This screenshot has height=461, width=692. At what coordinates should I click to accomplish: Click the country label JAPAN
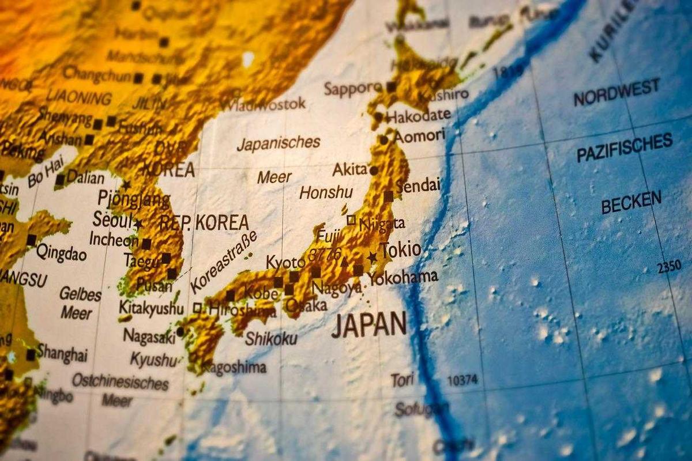(x=369, y=324)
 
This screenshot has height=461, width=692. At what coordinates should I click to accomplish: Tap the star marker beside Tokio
(x=373, y=257)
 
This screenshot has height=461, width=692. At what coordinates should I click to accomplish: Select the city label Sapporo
(x=352, y=89)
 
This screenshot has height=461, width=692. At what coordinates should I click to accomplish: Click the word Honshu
(x=325, y=192)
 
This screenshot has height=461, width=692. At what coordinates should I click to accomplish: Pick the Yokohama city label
(x=403, y=277)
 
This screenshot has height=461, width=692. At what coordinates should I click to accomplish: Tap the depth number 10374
(x=462, y=380)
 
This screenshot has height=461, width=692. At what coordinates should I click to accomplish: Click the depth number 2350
(x=668, y=267)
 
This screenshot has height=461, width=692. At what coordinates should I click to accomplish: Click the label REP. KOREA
(x=204, y=222)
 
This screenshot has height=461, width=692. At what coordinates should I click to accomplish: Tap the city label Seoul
(x=112, y=220)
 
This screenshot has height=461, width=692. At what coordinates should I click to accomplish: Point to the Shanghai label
(x=62, y=354)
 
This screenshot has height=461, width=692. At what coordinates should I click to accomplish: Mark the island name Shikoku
(x=270, y=338)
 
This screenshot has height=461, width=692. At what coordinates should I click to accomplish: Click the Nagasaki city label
(x=149, y=336)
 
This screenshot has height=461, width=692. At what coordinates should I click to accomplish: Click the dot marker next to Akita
(x=374, y=171)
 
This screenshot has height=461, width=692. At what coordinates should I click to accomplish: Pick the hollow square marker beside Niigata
(x=351, y=220)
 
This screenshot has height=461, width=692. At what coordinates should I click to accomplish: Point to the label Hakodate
(x=418, y=116)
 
